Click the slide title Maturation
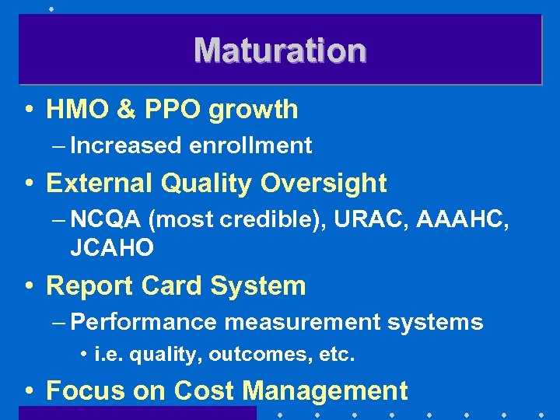click(x=280, y=51)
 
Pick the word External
click(x=100, y=184)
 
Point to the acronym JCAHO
click(x=112, y=248)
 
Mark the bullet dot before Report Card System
click(x=28, y=287)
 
